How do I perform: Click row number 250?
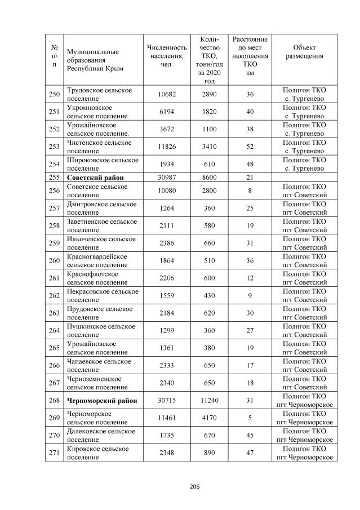(x=54, y=94)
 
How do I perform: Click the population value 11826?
(x=166, y=147)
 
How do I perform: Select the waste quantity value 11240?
(x=209, y=401)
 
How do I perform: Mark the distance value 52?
(x=250, y=147)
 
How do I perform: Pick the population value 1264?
(x=166, y=208)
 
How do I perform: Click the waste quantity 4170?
(x=209, y=418)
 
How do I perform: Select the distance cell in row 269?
(x=250, y=418)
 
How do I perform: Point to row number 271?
(x=54, y=453)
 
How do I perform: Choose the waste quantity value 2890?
(x=209, y=94)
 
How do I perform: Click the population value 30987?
(x=166, y=178)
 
